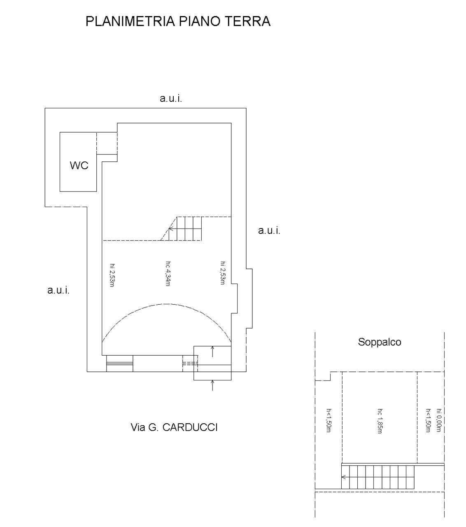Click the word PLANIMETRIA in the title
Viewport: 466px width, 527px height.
pyautogui.click(x=130, y=21)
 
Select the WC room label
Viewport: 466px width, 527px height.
pyautogui.click(x=79, y=166)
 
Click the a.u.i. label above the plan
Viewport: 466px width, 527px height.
pyautogui.click(x=171, y=98)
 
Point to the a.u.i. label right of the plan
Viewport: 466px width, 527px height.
pyautogui.click(x=269, y=231)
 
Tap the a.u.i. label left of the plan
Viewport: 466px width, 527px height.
pyautogui.click(x=58, y=290)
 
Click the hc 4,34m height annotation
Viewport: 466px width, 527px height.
pyautogui.click(x=168, y=273)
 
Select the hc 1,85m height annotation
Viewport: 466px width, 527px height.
pyautogui.click(x=380, y=421)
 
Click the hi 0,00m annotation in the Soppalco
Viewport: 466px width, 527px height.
pyautogui.click(x=439, y=420)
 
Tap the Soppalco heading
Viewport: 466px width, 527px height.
pyautogui.click(x=380, y=342)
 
